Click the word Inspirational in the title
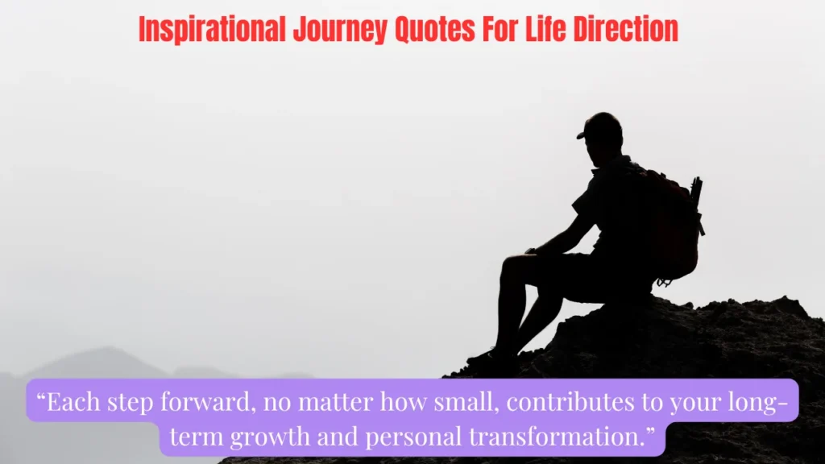[212, 30]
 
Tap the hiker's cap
[600, 126]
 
